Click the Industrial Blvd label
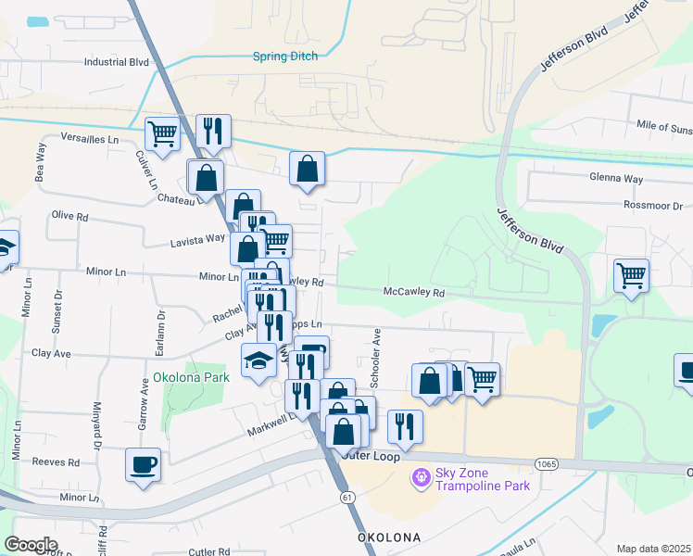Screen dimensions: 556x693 tap(116, 62)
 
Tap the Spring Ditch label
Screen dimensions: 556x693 tap(285, 57)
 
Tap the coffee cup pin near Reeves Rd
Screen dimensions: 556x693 tap(144, 463)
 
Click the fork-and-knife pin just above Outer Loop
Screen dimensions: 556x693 tap(405, 425)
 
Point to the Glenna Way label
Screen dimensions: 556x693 tap(615, 178)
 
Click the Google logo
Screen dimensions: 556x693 tap(31, 545)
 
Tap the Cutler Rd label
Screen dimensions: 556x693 tap(208, 552)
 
